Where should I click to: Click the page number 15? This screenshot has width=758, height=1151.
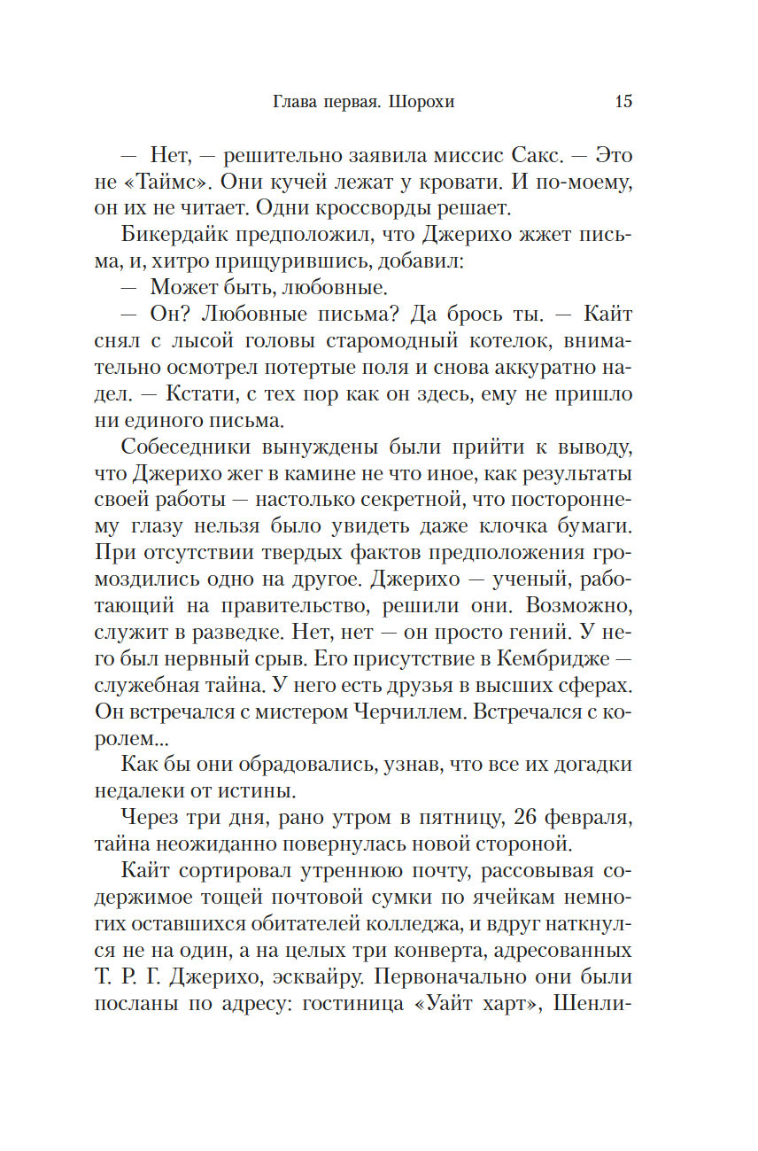coord(623,101)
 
